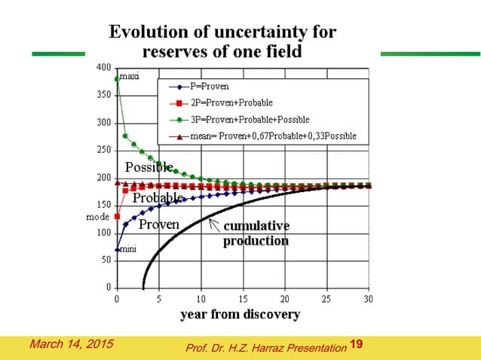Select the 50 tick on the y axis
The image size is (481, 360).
click(106, 260)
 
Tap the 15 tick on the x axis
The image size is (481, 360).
click(243, 299)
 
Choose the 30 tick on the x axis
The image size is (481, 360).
click(368, 299)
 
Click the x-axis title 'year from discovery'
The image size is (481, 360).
click(240, 315)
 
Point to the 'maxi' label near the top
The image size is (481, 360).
click(130, 77)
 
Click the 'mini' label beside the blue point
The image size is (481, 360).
click(128, 248)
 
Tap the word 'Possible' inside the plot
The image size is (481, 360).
click(149, 166)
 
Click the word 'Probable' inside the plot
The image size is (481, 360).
click(158, 197)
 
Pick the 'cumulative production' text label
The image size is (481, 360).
click(256, 233)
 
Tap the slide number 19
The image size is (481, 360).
click(357, 345)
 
